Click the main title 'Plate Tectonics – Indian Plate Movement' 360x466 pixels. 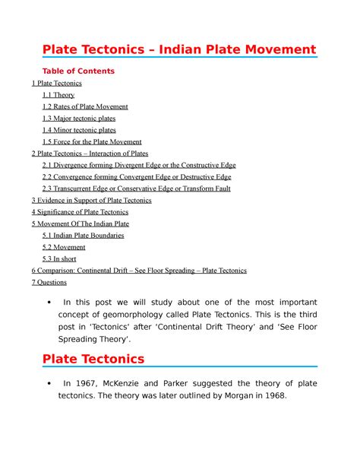pos(178,50)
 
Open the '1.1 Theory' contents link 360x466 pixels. pos(59,95)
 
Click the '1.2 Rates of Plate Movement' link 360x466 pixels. pos(85,106)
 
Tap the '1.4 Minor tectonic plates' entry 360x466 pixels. pos(80,130)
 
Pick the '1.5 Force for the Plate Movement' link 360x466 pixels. pos(92,142)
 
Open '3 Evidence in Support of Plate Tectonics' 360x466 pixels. pos(92,201)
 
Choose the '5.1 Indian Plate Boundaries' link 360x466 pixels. pos(84,236)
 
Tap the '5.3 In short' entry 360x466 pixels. pos(63,258)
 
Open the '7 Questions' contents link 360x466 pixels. pos(49,282)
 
